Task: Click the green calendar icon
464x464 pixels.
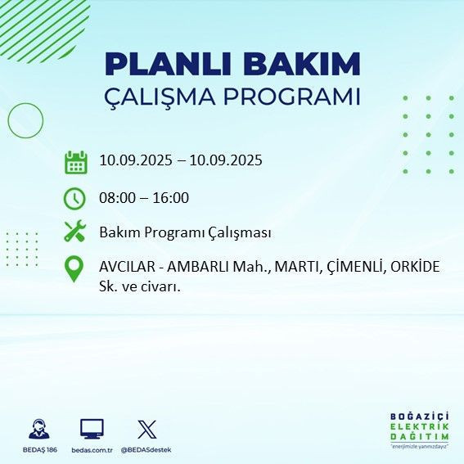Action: tap(75, 161)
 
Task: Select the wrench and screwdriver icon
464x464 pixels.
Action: tap(75, 232)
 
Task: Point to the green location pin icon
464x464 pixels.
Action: tap(74, 269)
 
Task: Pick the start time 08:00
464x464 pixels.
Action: tap(117, 197)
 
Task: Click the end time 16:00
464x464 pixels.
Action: tap(172, 197)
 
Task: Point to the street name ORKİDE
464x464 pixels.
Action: tap(415, 268)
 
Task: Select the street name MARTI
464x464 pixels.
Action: tap(291, 268)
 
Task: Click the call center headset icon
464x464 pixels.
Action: tap(38, 430)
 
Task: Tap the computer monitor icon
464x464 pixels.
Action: tap(91, 429)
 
